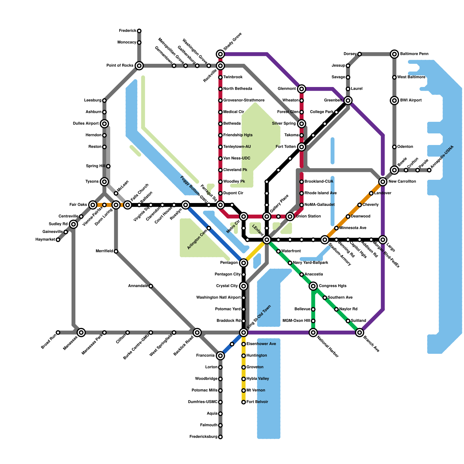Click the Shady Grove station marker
220,54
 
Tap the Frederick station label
128,31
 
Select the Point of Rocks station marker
139,66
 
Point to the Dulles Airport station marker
104,124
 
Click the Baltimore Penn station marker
394,54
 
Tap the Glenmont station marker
302,89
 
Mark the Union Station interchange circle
290,216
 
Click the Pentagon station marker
244,263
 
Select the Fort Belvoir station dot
244,402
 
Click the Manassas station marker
81,332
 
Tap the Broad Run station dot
58,332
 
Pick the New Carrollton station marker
383,182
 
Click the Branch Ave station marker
360,332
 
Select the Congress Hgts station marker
313,286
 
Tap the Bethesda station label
232,124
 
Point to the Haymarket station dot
58,240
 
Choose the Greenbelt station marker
348,101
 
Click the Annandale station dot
151,286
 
